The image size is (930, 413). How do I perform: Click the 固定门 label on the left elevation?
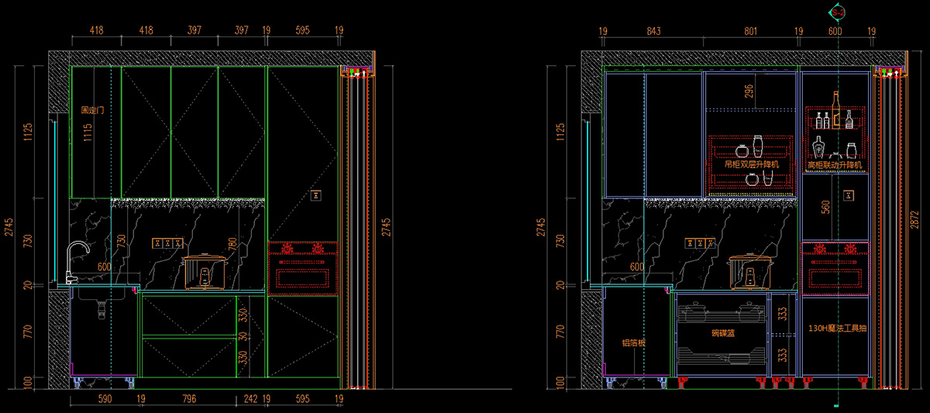tap(92, 111)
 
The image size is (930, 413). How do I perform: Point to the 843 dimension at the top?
tap(653, 31)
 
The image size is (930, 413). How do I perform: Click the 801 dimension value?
tap(750, 31)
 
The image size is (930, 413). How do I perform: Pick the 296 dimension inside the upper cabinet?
tap(749, 91)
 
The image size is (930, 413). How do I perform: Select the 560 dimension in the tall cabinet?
tap(825, 207)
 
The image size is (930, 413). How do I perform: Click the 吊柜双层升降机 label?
tap(750, 165)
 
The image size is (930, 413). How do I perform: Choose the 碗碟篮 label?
tap(722, 332)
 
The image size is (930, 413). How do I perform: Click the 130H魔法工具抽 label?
tap(837, 329)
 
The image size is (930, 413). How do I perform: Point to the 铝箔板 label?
tap(633, 342)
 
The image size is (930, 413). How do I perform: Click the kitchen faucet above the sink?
tap(74, 260)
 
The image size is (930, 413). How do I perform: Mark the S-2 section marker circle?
tap(838, 12)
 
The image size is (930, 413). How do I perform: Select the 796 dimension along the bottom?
tap(188, 399)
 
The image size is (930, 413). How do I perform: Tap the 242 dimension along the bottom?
tap(250, 399)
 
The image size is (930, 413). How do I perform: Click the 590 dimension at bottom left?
tap(104, 399)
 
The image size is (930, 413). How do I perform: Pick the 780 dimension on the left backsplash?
tap(231, 244)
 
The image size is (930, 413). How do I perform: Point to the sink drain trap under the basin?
tap(101, 308)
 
